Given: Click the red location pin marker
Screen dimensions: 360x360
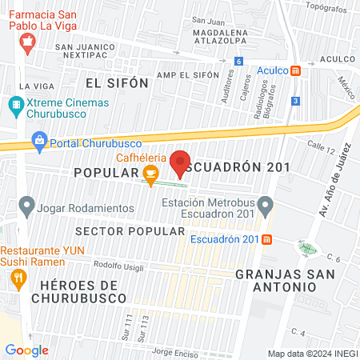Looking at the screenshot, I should point(181,162).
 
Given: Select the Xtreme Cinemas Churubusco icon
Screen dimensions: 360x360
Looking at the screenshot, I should point(16,104).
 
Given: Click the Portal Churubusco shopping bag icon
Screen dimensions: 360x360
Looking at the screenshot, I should point(38,142).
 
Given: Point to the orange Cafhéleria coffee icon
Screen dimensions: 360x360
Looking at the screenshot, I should point(150,172).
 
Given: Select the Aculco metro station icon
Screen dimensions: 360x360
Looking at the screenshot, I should point(296,70).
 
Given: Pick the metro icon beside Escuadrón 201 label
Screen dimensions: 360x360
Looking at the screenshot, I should point(266,239).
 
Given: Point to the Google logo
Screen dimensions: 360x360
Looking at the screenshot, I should point(27,350).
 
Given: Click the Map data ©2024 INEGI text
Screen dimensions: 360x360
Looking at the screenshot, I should point(311,354).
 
